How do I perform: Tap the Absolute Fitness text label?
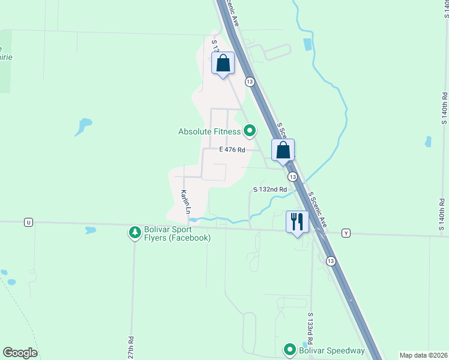[209, 131]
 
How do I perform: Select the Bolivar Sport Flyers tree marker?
[135, 232]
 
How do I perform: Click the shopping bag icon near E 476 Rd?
[283, 150]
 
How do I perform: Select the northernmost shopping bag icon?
[223, 64]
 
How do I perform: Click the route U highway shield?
[28, 222]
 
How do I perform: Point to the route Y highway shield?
[346, 233]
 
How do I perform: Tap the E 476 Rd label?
[232, 149]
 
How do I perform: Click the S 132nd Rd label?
[270, 189]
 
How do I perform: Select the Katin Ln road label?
[185, 202]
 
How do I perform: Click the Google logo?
[20, 353]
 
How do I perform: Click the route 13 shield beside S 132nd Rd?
[292, 177]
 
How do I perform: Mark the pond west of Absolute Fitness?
[83, 125]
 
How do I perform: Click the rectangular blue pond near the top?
[308, 44]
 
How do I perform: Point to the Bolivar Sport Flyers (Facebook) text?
[178, 233]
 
